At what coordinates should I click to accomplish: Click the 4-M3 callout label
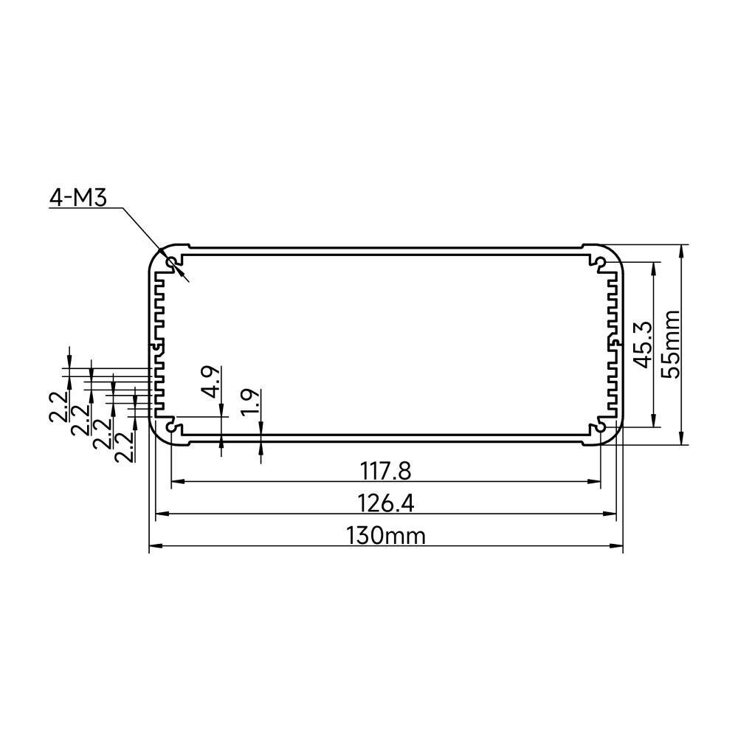pyautogui.click(x=78, y=198)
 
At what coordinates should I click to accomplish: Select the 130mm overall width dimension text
pyautogui.click(x=385, y=536)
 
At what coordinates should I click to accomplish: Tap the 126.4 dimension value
pyautogui.click(x=385, y=503)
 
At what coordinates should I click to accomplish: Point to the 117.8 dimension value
pyautogui.click(x=385, y=471)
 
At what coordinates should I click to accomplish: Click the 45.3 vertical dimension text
pyautogui.click(x=643, y=345)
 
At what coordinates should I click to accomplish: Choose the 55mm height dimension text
pyautogui.click(x=670, y=344)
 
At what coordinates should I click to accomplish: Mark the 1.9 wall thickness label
pyautogui.click(x=249, y=402)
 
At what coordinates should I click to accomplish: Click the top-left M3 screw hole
pyautogui.click(x=171, y=262)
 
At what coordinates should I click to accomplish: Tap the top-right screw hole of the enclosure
pyautogui.click(x=601, y=262)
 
